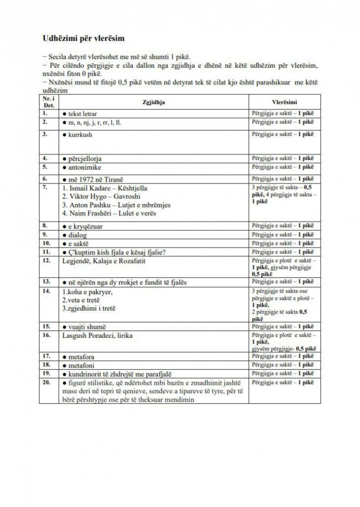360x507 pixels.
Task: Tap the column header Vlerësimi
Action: tap(285, 102)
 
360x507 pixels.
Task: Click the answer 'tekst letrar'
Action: tap(82, 114)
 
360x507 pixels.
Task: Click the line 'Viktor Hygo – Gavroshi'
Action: tap(98, 197)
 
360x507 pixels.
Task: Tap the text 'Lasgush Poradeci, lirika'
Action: tap(97, 336)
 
